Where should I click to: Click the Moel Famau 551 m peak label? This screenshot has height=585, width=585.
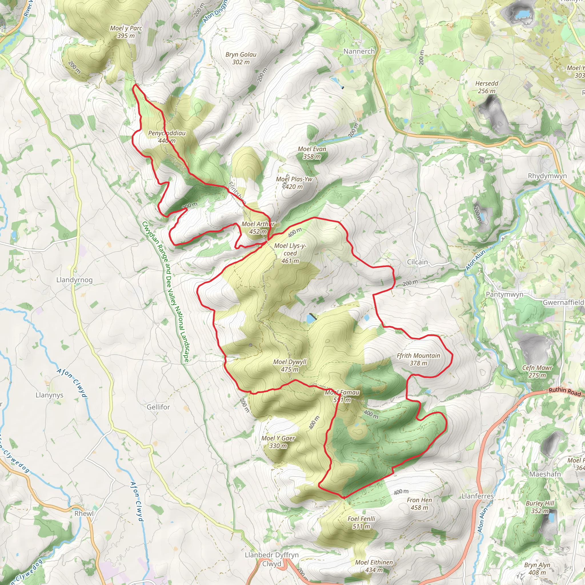click(x=342, y=396)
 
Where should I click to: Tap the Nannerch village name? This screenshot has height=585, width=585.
click(x=359, y=51)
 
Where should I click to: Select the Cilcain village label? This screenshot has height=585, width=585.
click(x=417, y=262)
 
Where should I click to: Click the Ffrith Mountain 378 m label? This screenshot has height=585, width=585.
click(x=418, y=359)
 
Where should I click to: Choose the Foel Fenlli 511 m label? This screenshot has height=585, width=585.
click(x=361, y=523)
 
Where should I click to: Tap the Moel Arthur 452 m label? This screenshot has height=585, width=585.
click(x=258, y=228)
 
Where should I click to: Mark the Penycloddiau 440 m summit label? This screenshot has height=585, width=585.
click(x=167, y=137)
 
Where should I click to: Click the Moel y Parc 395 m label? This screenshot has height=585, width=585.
click(x=126, y=32)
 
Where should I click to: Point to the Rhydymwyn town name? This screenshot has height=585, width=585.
click(x=547, y=176)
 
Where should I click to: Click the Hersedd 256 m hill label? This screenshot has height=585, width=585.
click(x=486, y=87)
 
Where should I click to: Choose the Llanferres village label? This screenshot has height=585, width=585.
click(x=478, y=496)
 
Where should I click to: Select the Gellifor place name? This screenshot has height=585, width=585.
click(x=158, y=407)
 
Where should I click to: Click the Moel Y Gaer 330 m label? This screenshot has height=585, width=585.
click(x=278, y=442)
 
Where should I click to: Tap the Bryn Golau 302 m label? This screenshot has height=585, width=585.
click(x=241, y=58)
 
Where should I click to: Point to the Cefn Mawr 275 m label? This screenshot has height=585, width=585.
click(x=537, y=372)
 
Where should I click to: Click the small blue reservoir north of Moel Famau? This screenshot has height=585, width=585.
click(x=310, y=318)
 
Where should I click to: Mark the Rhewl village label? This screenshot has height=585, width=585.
click(x=84, y=514)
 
